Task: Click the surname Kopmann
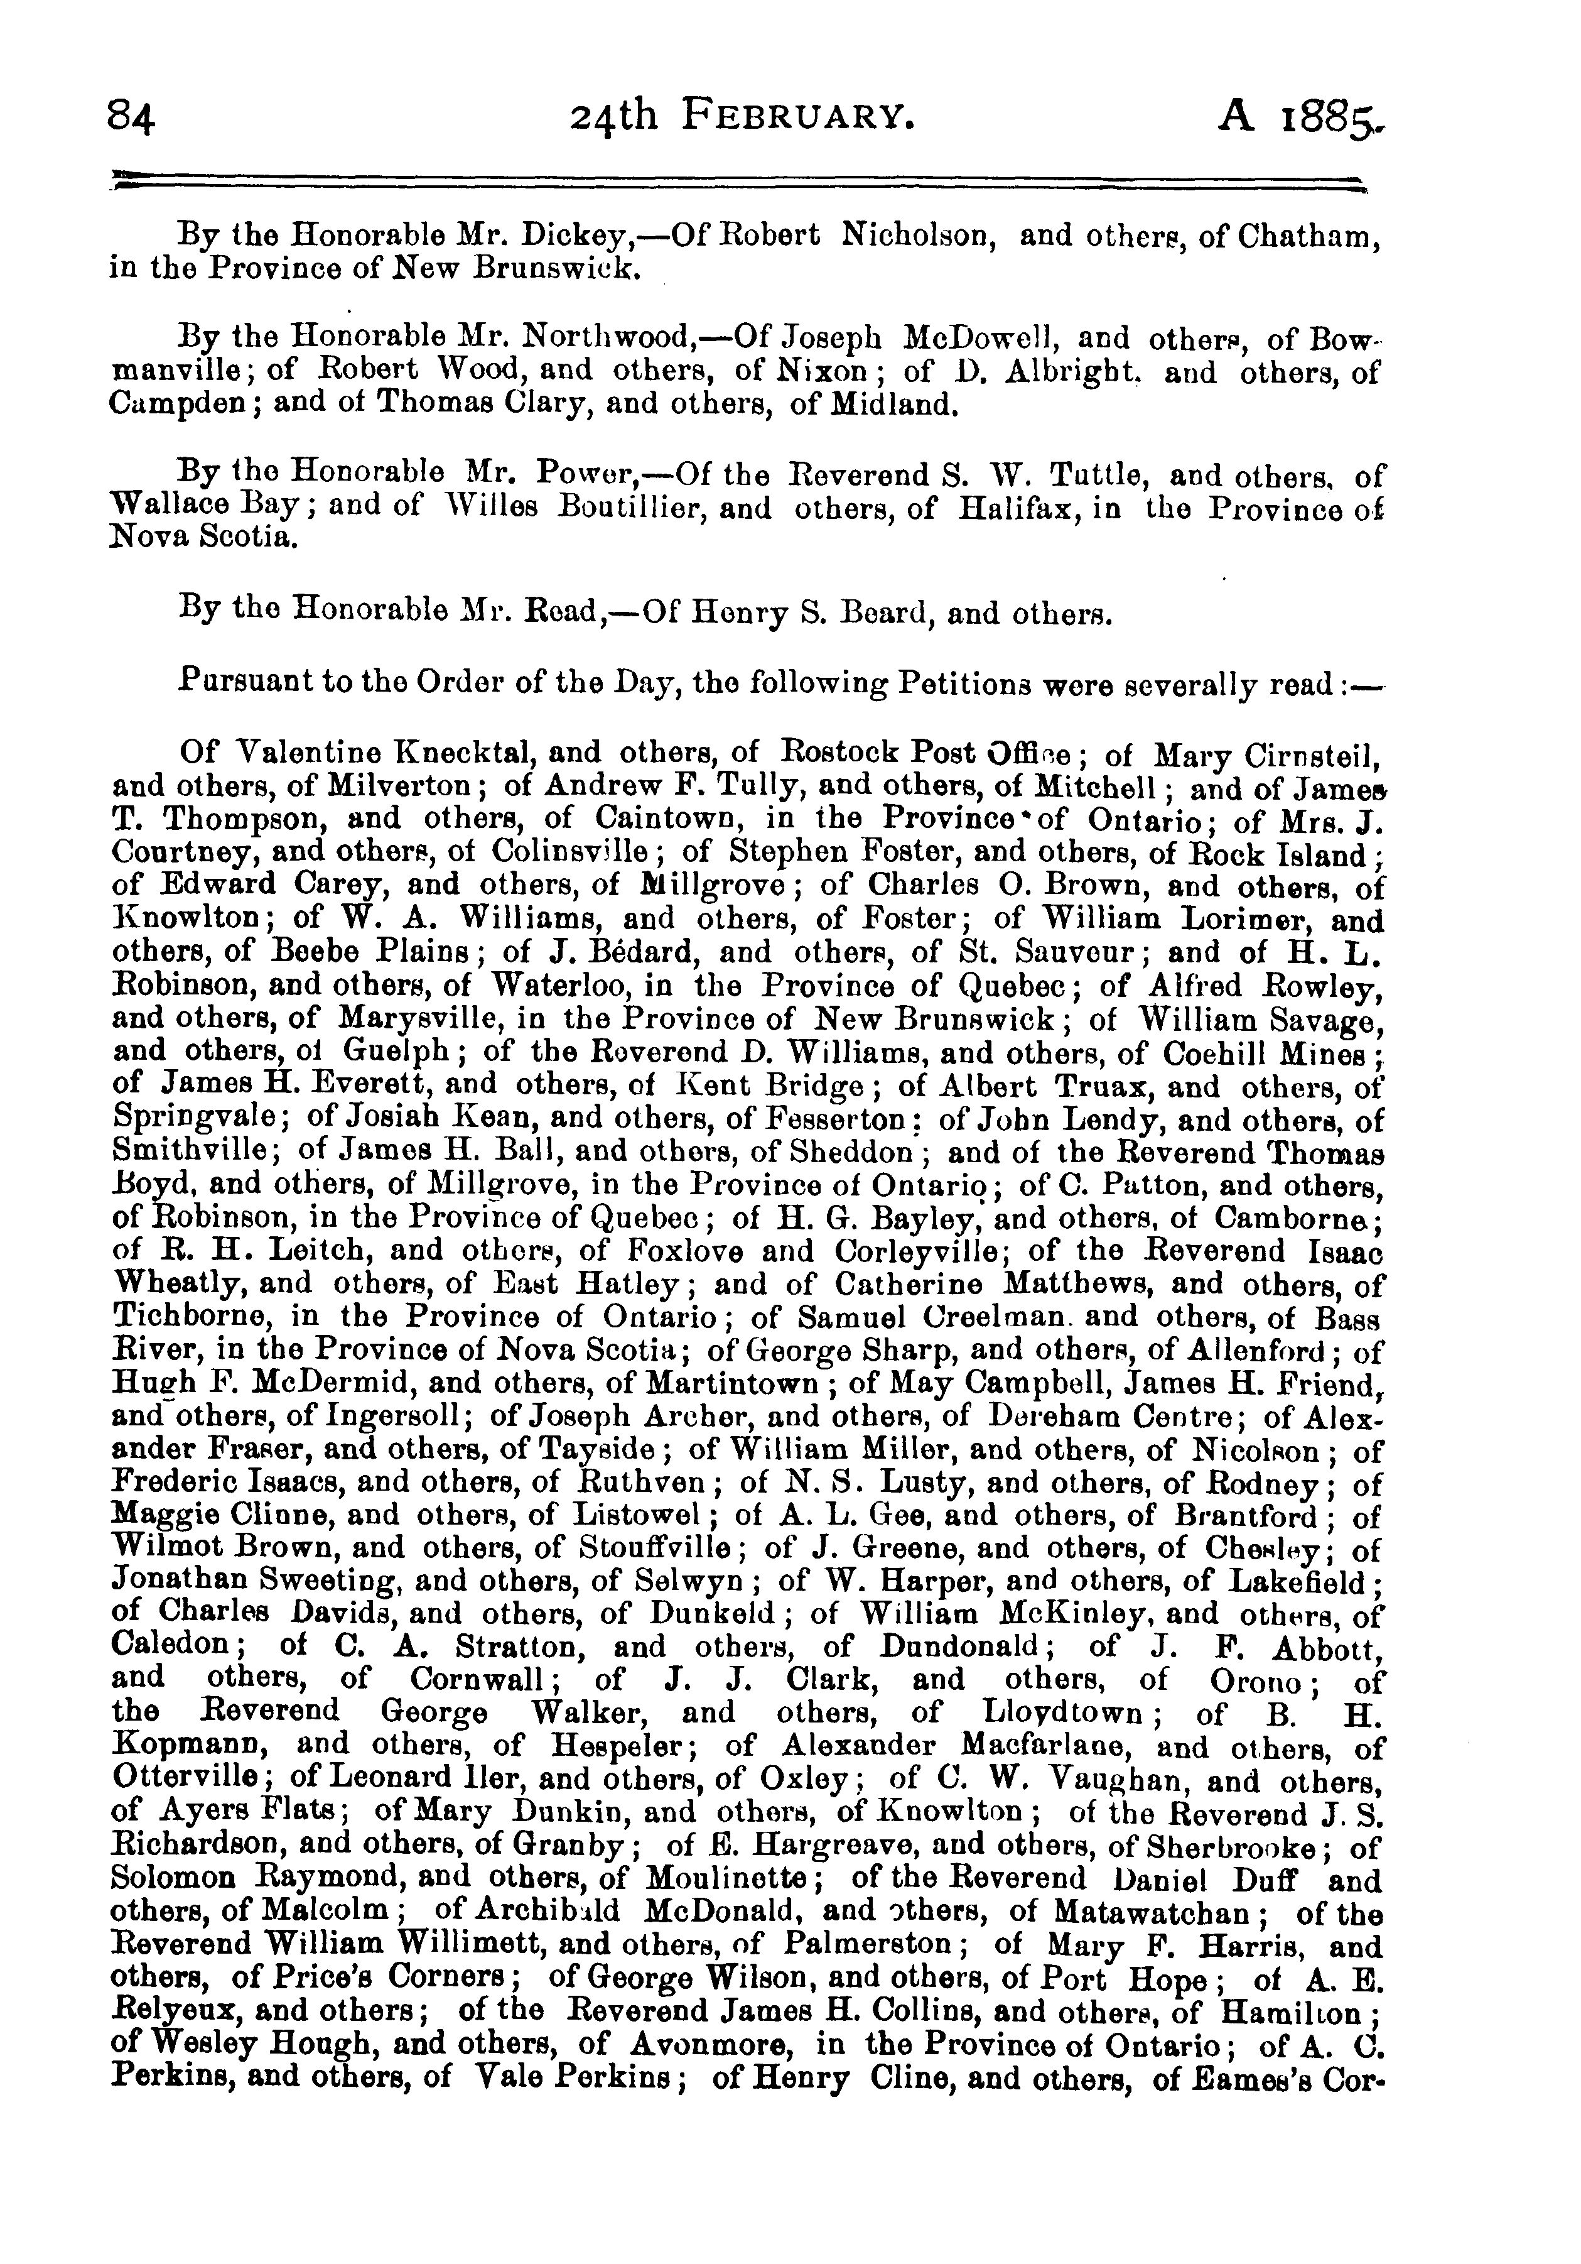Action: tap(192, 1746)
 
